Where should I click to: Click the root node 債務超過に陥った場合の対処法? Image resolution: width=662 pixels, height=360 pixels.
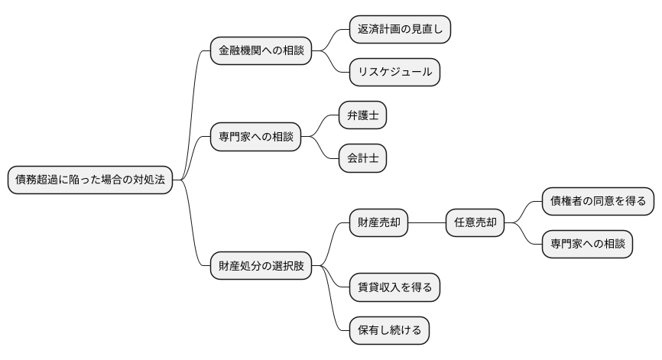90,180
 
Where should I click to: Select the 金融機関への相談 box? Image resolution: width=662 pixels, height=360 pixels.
261,51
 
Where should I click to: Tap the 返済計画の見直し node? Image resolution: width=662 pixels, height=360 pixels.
400,30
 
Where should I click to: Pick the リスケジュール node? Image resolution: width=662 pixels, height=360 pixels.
395,73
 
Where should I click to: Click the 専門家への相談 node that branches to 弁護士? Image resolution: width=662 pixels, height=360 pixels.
256,138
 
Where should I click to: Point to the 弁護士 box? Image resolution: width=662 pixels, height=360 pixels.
363,116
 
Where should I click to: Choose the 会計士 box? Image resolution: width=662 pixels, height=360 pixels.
363,159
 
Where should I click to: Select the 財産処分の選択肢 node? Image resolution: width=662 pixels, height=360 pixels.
261,267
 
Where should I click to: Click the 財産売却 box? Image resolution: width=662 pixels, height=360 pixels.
378,223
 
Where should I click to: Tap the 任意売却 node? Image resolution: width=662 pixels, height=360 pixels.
475,223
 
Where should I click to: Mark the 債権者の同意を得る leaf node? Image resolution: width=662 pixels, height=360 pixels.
598,202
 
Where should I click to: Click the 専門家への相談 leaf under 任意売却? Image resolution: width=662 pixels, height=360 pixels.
587,245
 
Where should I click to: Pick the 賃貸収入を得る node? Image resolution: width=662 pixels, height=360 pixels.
395,288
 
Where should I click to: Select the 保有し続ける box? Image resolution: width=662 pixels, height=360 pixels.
389,331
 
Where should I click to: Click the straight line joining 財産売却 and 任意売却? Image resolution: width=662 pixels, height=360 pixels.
427,223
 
